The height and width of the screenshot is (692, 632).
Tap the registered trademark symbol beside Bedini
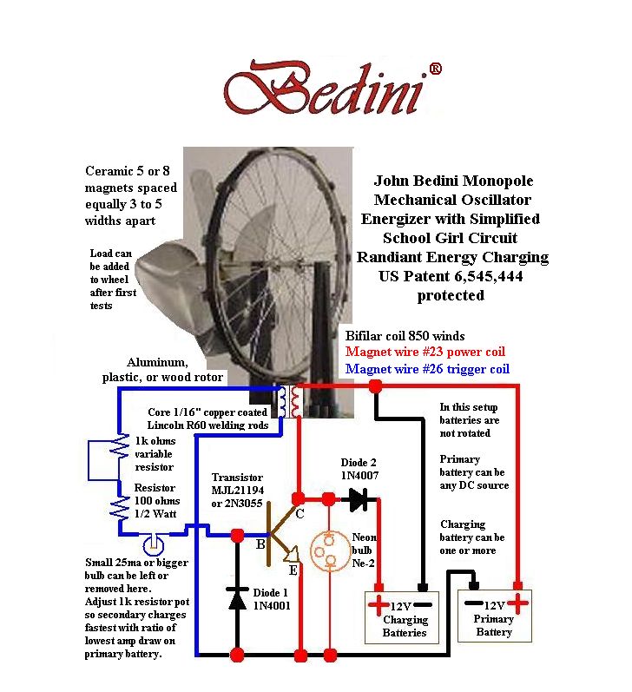(x=435, y=68)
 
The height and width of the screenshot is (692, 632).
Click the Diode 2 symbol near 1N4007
(x=356, y=498)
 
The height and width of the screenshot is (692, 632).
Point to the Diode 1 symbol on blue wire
(x=235, y=598)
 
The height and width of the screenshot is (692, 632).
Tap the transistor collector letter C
(x=300, y=514)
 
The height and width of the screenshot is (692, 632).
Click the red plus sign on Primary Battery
(x=517, y=603)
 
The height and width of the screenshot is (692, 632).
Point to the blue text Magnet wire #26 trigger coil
(x=426, y=369)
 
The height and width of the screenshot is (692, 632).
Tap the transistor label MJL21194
(x=240, y=491)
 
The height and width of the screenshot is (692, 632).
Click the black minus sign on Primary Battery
(x=474, y=603)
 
